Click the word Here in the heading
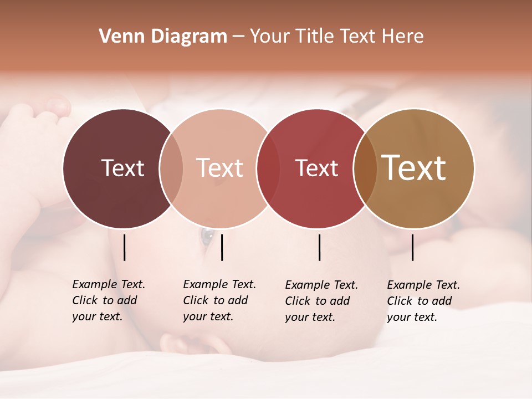(x=403, y=37)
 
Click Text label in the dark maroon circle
(x=122, y=168)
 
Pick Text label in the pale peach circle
(x=219, y=168)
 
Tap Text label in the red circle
(x=316, y=168)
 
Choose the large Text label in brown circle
(x=414, y=168)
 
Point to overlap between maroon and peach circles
(x=171, y=168)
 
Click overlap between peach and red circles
(x=268, y=168)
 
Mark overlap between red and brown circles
(x=365, y=168)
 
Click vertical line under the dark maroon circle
(x=125, y=247)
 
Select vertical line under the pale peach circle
(x=222, y=247)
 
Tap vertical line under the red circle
(x=320, y=247)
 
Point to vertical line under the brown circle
(x=413, y=247)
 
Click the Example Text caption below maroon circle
(x=108, y=300)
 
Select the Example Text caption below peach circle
(x=219, y=300)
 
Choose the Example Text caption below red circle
(x=321, y=301)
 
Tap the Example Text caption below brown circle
(x=423, y=301)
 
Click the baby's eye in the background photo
(x=207, y=236)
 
